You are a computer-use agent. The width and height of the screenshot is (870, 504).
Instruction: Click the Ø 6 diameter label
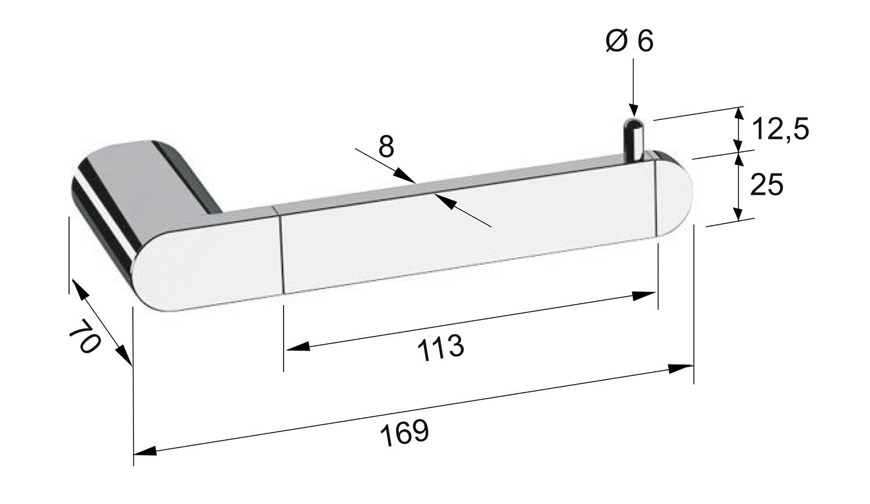pos(629,41)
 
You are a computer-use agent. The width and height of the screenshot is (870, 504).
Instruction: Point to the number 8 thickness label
pos(386,146)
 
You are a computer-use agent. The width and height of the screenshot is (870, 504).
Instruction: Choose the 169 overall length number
pos(404,432)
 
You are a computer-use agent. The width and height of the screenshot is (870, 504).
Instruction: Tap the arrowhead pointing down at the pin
pos(633,110)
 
